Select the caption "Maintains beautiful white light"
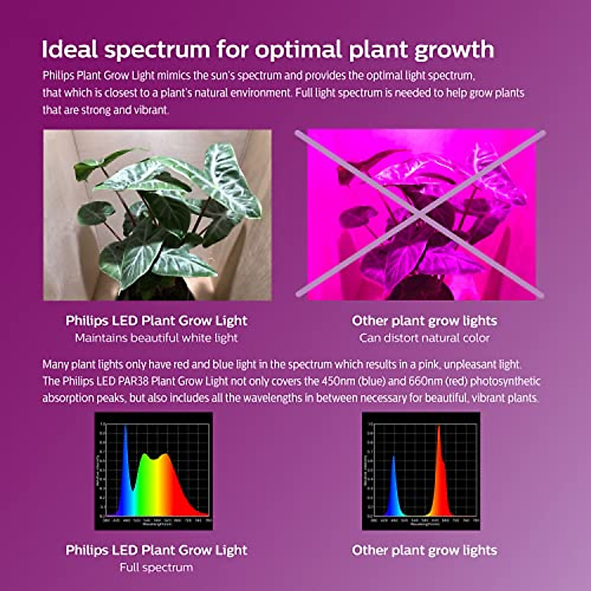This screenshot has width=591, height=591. (156, 338)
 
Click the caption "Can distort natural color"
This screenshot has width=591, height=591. (425, 338)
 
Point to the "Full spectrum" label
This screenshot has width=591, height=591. (156, 567)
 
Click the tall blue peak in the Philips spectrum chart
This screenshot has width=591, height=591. (126, 443)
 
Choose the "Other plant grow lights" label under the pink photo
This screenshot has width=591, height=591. (425, 321)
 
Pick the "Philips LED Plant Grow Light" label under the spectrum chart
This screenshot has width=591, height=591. (156, 550)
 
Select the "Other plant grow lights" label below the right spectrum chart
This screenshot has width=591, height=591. (425, 550)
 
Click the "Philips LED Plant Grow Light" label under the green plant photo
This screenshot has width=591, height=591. (156, 321)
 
